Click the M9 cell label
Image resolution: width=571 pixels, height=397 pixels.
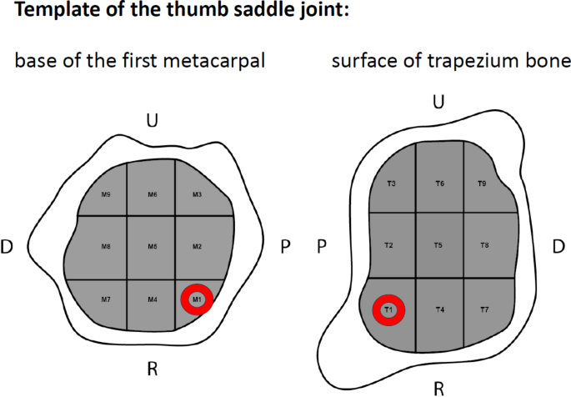click(x=106, y=195)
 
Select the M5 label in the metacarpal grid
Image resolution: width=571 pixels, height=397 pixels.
click(x=153, y=247)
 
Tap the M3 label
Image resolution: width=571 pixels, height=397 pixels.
click(x=198, y=195)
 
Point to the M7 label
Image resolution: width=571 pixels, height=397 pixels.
click(x=106, y=299)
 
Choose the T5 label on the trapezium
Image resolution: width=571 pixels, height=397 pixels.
click(x=439, y=245)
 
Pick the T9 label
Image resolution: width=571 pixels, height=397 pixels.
click(x=481, y=183)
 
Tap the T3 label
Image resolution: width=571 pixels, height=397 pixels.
click(x=391, y=183)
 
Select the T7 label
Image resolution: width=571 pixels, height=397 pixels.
click(x=483, y=310)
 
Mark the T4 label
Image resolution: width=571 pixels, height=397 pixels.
click(x=439, y=310)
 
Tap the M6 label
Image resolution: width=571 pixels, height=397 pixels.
click(x=153, y=195)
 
